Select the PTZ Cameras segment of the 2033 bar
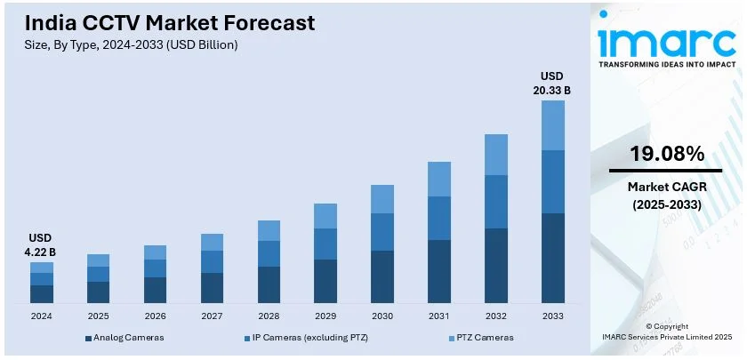point(553,125)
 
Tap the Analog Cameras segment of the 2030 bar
point(382,276)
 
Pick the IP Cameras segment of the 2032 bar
point(496,202)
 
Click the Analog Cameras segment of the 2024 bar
point(42,293)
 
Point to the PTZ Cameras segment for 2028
point(269,230)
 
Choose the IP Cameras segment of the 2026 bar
point(155,268)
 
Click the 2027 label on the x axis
point(212,316)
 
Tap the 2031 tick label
point(439,316)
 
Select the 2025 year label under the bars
point(98,316)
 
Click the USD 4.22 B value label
point(41,244)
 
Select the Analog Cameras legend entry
point(124,338)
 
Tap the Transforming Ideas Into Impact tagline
point(664,65)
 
